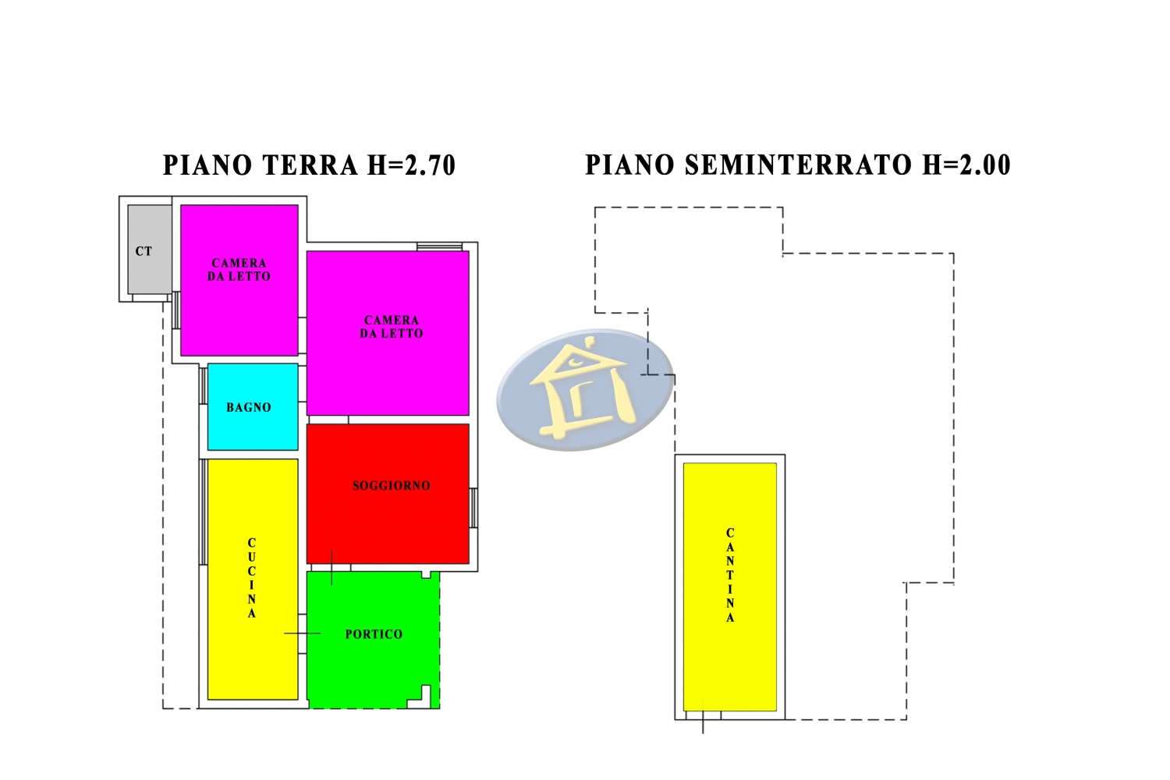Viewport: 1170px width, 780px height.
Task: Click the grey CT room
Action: click(x=150, y=249)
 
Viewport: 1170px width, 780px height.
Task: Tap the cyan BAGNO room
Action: click(x=253, y=407)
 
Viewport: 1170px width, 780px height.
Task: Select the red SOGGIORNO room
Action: click(x=388, y=494)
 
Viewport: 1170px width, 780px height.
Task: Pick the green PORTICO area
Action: click(x=373, y=640)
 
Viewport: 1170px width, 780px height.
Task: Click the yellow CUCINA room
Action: click(x=253, y=580)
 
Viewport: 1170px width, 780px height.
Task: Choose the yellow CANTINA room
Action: click(x=729, y=587)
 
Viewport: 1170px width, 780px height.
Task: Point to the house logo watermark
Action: click(x=585, y=390)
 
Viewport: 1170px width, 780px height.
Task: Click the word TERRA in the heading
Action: click(x=310, y=165)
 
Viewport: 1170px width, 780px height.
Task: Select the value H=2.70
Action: click(x=412, y=165)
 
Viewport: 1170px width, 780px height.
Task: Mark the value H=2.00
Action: click(x=967, y=165)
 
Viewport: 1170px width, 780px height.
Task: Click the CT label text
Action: click(x=144, y=251)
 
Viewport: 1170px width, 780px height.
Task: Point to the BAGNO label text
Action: click(x=249, y=407)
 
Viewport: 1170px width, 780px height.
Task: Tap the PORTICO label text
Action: click(x=374, y=634)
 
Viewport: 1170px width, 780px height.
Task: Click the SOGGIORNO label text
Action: click(x=392, y=486)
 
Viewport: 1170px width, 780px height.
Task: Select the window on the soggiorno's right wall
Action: click(x=473, y=508)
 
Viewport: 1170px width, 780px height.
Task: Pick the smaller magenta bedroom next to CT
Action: click(x=239, y=280)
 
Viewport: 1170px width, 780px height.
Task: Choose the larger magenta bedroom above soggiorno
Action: click(x=388, y=333)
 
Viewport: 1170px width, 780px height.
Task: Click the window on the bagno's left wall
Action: click(x=203, y=386)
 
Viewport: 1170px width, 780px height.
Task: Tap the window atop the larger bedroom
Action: click(x=439, y=246)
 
